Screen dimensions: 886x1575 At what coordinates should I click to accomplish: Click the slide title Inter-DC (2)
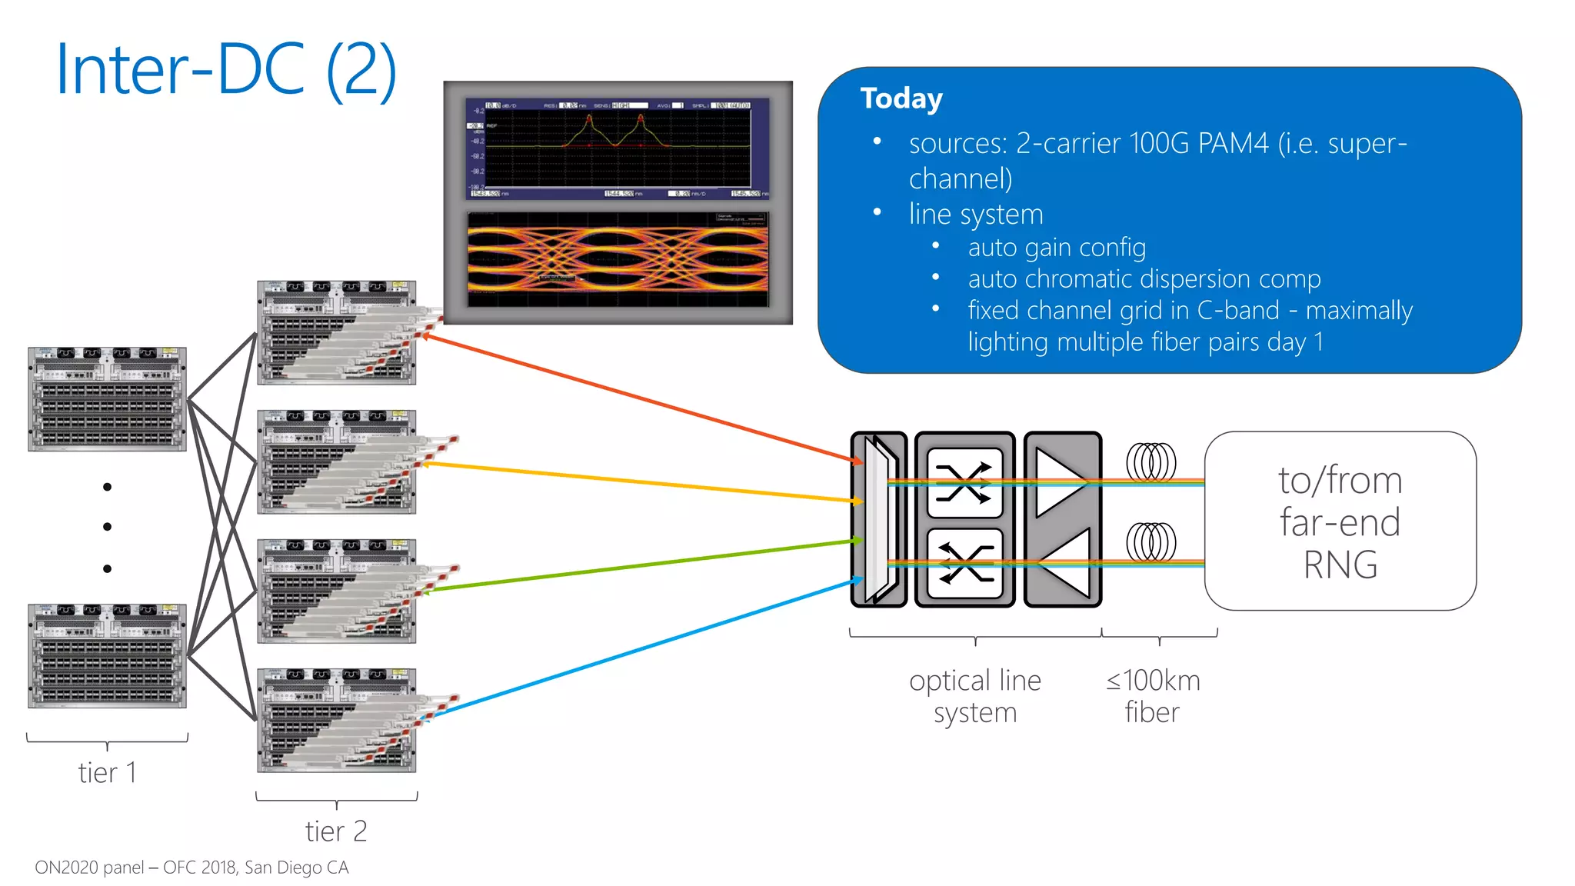tap(226, 71)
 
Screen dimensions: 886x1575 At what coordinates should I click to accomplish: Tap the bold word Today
tap(901, 99)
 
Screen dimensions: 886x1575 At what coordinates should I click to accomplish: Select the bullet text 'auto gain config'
tap(1056, 248)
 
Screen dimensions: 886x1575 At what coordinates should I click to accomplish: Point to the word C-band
tap(1238, 310)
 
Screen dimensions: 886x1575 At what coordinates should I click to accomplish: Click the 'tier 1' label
tap(107, 772)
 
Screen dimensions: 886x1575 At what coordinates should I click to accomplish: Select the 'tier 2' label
tap(336, 831)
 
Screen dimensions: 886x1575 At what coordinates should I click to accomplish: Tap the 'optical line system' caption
tap(974, 696)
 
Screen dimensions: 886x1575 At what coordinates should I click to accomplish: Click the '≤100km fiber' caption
tap(1153, 696)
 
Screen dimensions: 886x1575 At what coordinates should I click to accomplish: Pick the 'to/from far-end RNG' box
tap(1340, 521)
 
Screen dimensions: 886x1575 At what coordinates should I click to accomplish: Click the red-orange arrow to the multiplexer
tap(638, 398)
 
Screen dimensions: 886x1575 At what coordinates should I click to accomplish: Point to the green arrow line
tap(638, 566)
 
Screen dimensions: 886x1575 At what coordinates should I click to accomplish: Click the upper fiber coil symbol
tap(1150, 462)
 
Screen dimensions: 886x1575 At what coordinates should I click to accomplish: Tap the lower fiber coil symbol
tap(1150, 542)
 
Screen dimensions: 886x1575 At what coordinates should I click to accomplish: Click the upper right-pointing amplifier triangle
tap(1061, 482)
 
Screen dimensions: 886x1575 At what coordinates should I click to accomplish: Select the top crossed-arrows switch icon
tap(964, 483)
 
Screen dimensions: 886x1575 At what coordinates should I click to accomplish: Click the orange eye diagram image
tap(618, 259)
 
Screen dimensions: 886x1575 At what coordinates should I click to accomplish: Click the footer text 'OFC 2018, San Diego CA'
tap(256, 868)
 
